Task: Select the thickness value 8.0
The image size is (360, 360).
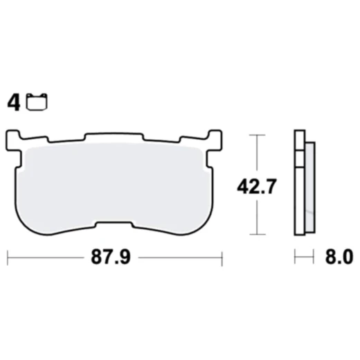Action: coord(339,257)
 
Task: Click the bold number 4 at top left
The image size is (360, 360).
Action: coord(12,104)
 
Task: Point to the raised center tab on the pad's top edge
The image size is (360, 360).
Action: coord(114,136)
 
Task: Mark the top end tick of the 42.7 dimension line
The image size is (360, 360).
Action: coord(257,136)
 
